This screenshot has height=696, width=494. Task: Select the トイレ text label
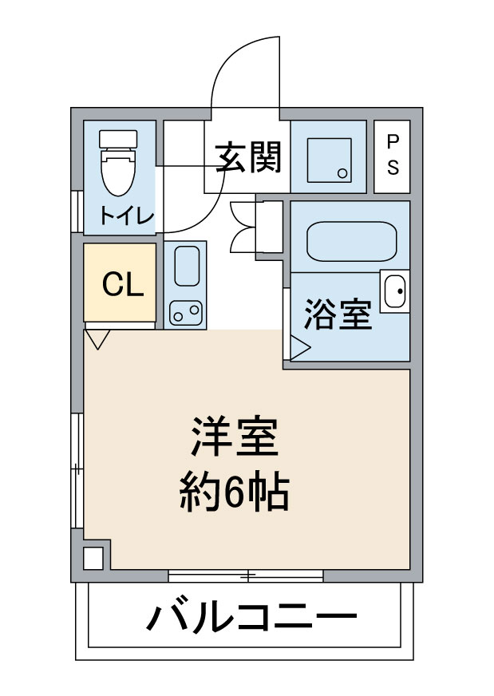point(126,216)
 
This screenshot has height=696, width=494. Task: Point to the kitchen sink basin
point(186,266)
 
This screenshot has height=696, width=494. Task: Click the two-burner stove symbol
point(185,312)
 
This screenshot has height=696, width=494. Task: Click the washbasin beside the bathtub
point(394,291)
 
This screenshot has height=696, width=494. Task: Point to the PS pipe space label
point(393,155)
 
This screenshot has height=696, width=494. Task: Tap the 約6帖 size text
point(232,493)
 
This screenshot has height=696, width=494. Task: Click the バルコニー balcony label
point(250,617)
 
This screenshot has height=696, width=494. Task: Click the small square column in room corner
point(93,558)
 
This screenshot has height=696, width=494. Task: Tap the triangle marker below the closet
point(97,339)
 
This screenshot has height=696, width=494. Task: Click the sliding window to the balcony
point(246,575)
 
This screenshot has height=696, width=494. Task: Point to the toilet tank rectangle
point(118,138)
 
